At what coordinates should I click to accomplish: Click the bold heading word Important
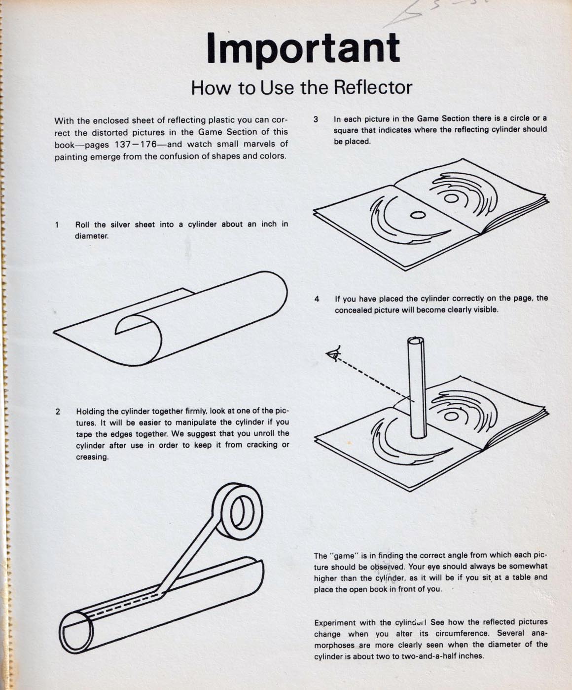[x=303, y=49]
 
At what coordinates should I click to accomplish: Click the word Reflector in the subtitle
[x=372, y=87]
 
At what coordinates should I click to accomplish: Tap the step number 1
[x=57, y=225]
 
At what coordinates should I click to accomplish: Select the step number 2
[x=58, y=412]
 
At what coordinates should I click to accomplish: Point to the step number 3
[x=316, y=119]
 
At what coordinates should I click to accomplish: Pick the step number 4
[x=317, y=299]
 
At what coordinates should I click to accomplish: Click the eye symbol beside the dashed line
[x=334, y=354]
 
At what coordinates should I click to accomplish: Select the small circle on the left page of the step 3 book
[x=418, y=215]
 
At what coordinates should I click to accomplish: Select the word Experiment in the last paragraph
[x=335, y=623]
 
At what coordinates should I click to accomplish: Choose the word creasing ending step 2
[x=92, y=458]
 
